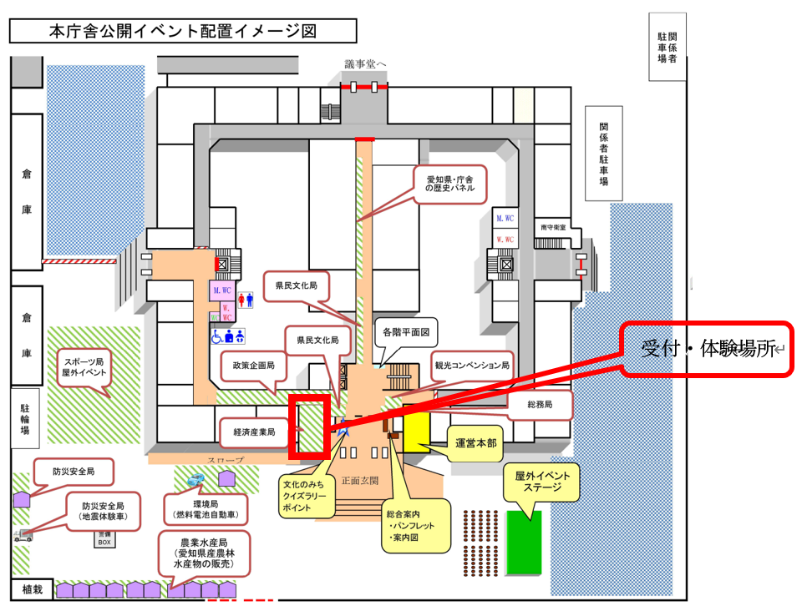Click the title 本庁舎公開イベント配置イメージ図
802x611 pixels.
tap(182, 32)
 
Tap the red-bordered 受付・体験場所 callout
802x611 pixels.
tap(708, 350)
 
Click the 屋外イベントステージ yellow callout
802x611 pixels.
tap(542, 482)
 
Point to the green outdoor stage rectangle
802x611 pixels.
tap(524, 542)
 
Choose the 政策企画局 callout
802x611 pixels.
tap(248, 365)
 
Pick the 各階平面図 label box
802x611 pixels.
tap(406, 331)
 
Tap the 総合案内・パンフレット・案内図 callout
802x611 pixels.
tap(414, 527)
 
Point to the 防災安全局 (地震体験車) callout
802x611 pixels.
tap(103, 511)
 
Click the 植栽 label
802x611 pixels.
tap(32, 589)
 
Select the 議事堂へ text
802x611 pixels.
tap(366, 64)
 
